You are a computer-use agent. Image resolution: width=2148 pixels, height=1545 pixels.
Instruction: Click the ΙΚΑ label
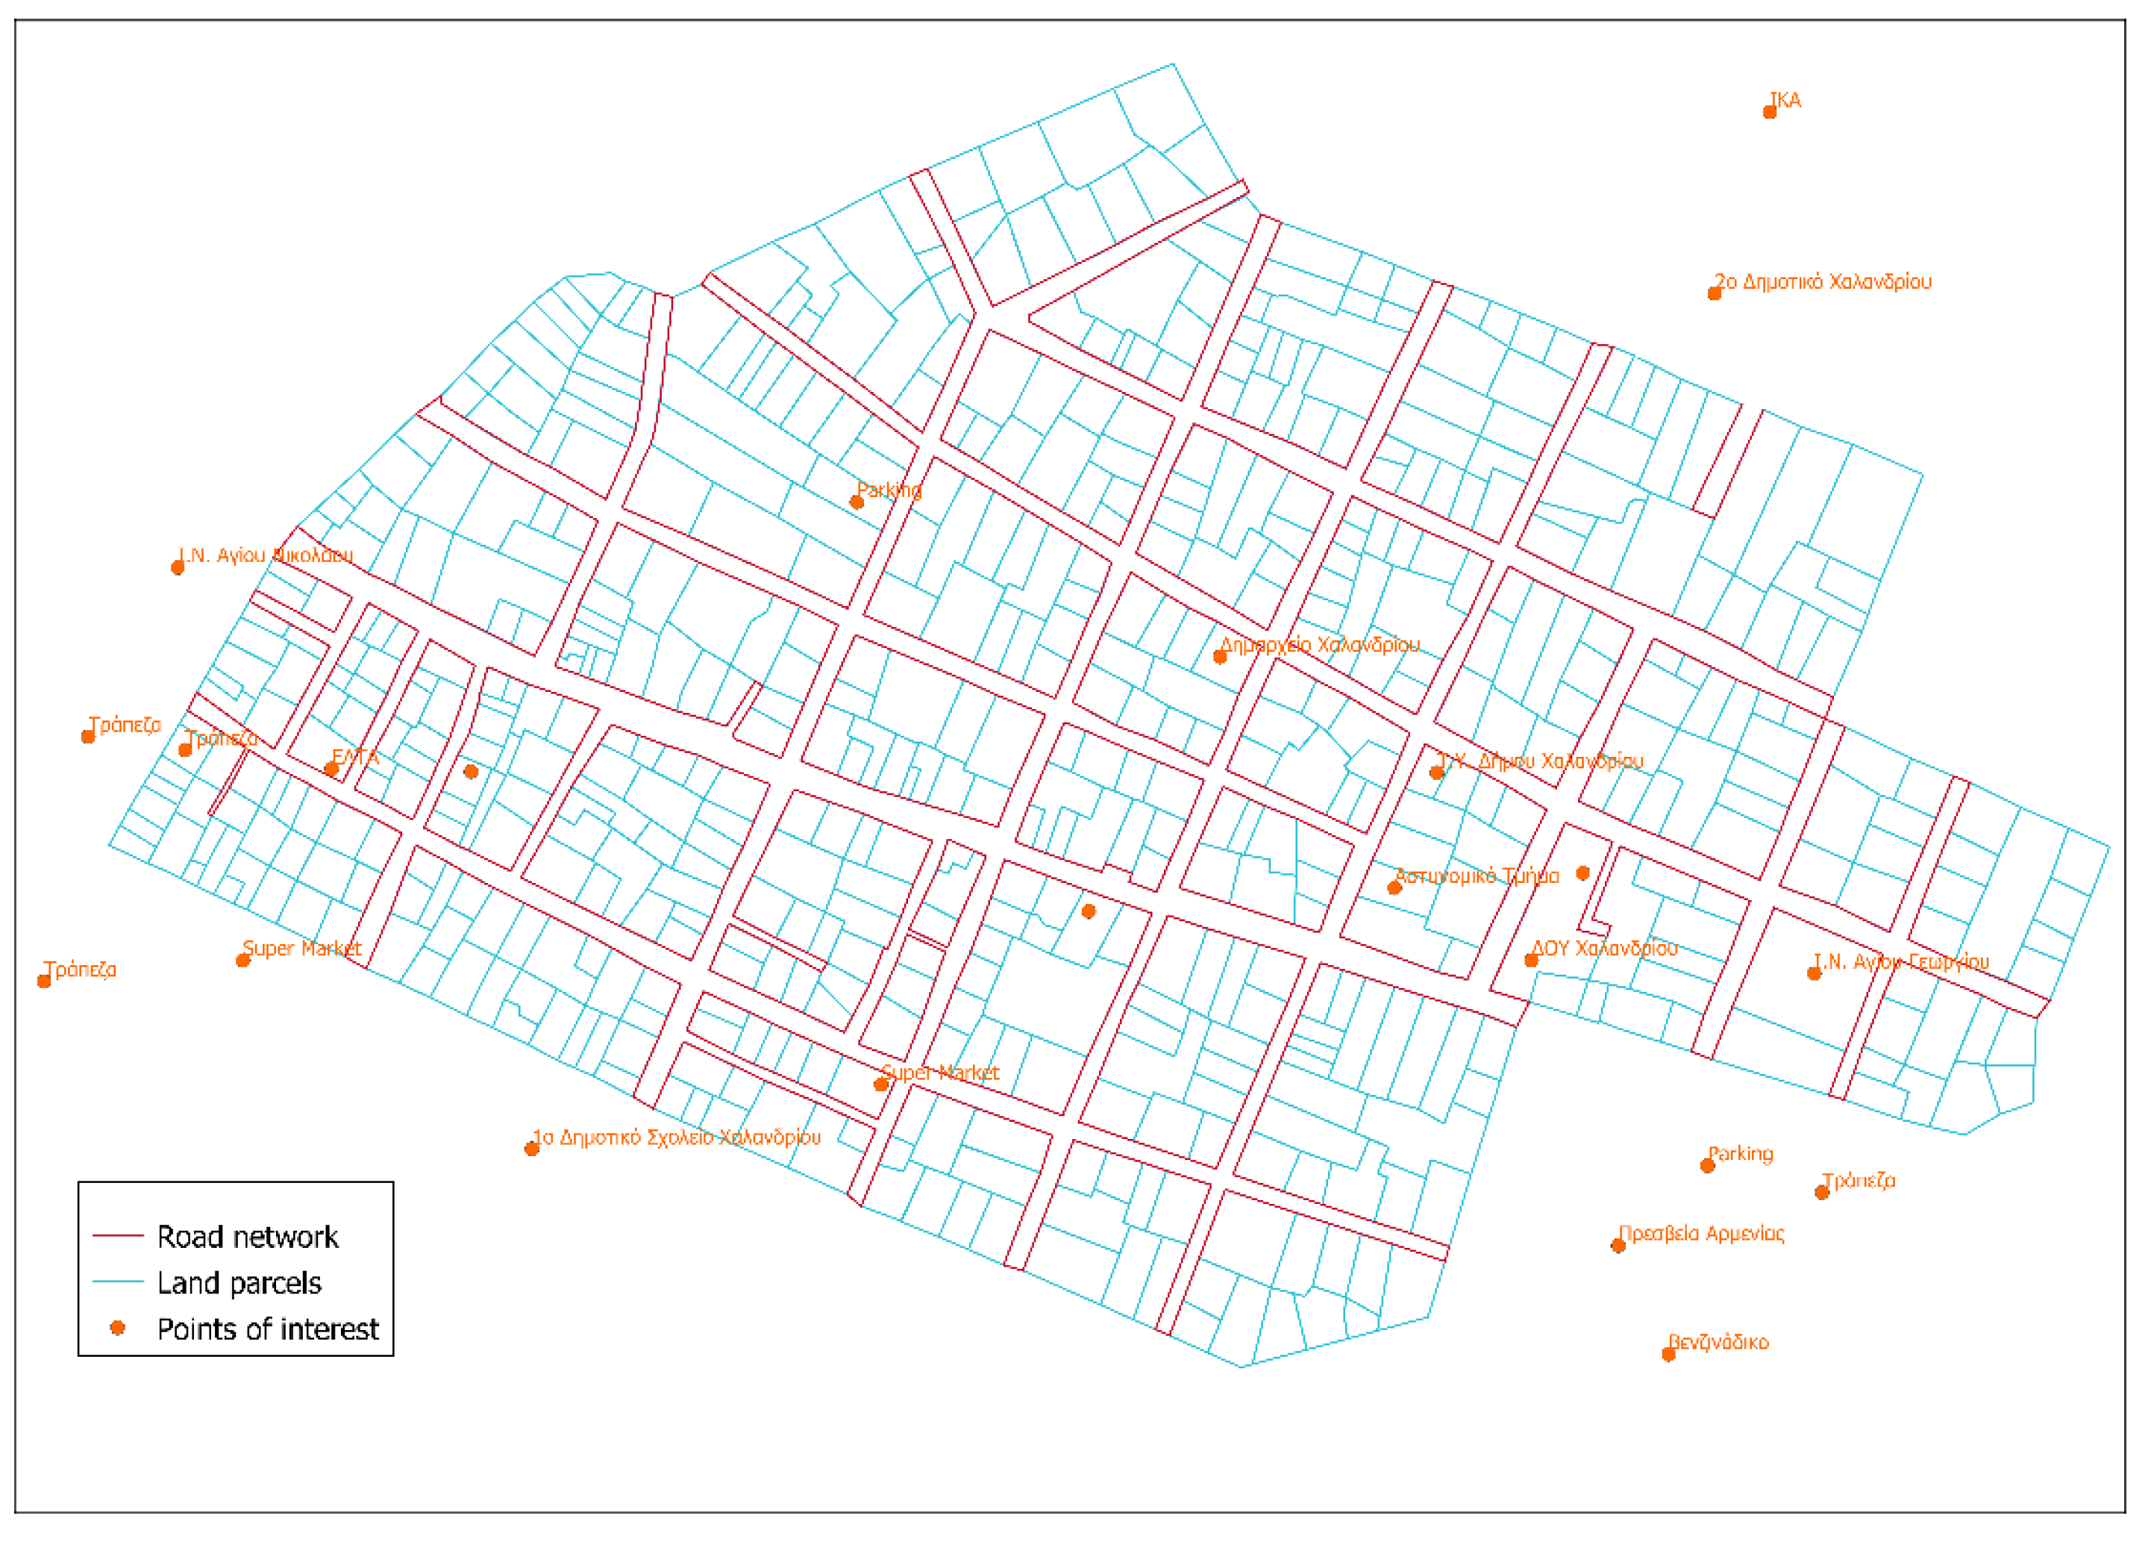pos(1785,101)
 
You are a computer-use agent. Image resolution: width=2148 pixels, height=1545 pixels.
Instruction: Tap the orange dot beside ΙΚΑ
pos(1769,113)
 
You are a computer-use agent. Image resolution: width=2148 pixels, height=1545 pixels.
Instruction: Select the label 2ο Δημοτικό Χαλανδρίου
pos(1823,281)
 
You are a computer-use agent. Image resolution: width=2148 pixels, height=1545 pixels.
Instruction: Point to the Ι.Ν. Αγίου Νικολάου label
pos(266,555)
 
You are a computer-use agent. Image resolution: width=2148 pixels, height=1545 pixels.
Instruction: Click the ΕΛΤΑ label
pos(355,757)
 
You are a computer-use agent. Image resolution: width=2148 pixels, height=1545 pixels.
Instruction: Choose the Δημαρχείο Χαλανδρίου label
pos(1321,645)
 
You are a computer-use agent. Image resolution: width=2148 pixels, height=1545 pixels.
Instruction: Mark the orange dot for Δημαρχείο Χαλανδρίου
pos(1220,658)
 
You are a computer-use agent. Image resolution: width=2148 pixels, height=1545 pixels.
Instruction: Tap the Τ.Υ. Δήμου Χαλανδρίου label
pos(1540,761)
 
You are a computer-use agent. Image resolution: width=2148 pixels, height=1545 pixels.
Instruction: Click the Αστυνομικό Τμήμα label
pos(1477,876)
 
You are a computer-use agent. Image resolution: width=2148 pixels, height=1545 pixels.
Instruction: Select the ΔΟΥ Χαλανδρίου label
pos(1604,948)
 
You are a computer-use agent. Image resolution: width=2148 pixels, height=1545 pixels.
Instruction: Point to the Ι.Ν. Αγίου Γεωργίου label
pos(1902,961)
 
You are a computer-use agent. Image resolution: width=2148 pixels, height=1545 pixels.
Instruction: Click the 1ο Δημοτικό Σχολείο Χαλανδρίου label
pos(676,1137)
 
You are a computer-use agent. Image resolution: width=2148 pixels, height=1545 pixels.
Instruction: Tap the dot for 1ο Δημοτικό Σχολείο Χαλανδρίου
pos(532,1149)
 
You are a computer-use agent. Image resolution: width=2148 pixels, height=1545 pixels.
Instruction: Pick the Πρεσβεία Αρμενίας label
pos(1702,1233)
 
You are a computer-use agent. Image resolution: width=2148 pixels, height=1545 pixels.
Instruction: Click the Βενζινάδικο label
pos(1719,1342)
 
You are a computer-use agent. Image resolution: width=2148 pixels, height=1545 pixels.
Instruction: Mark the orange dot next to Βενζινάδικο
pos(1669,1355)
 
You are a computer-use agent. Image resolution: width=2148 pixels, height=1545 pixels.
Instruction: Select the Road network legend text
pos(247,1237)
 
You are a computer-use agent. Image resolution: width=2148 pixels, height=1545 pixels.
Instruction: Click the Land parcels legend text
pos(239,1284)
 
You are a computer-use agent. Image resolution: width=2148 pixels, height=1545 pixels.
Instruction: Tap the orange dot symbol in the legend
pos(117,1328)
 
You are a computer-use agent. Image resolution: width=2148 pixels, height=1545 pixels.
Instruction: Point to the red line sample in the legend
pos(117,1236)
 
